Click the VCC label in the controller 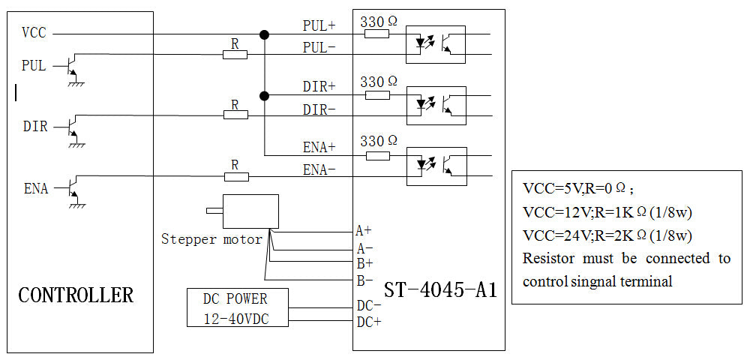point(34,33)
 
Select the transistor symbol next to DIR point(72,127)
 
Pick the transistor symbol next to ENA point(72,188)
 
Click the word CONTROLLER point(76,295)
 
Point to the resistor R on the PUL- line point(235,54)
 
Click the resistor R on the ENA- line point(235,175)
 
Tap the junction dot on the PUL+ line point(264,34)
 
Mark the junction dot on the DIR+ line point(264,95)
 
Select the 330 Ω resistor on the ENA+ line point(378,155)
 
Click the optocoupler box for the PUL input point(436,44)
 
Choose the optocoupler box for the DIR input point(436,105)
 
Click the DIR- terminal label point(319,109)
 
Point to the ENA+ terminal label point(319,147)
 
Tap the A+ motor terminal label point(364,231)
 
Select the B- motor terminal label point(364,280)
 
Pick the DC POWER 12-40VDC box point(236,307)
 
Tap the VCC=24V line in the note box point(607,235)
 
